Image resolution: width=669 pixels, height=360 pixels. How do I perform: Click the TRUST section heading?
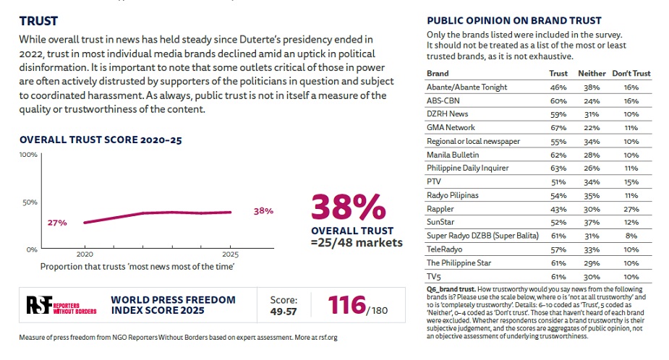point(38,22)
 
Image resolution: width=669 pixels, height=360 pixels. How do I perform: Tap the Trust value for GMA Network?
point(558,127)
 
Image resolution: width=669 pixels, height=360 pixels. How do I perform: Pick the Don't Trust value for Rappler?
point(631,209)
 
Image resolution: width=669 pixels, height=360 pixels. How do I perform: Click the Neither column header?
point(592,73)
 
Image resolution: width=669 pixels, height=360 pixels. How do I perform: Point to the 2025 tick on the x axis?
point(230,254)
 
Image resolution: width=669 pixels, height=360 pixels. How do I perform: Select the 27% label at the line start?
point(58,223)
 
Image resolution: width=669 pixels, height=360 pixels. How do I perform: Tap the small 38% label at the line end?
point(264,211)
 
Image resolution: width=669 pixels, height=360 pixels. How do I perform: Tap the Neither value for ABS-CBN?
point(592,100)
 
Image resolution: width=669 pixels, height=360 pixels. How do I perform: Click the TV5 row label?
point(434,277)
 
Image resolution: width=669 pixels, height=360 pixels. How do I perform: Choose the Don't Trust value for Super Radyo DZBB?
point(631,236)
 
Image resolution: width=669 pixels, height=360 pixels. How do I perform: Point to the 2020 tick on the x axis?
point(85,254)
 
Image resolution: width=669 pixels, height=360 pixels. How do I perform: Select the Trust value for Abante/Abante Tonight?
point(558,87)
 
